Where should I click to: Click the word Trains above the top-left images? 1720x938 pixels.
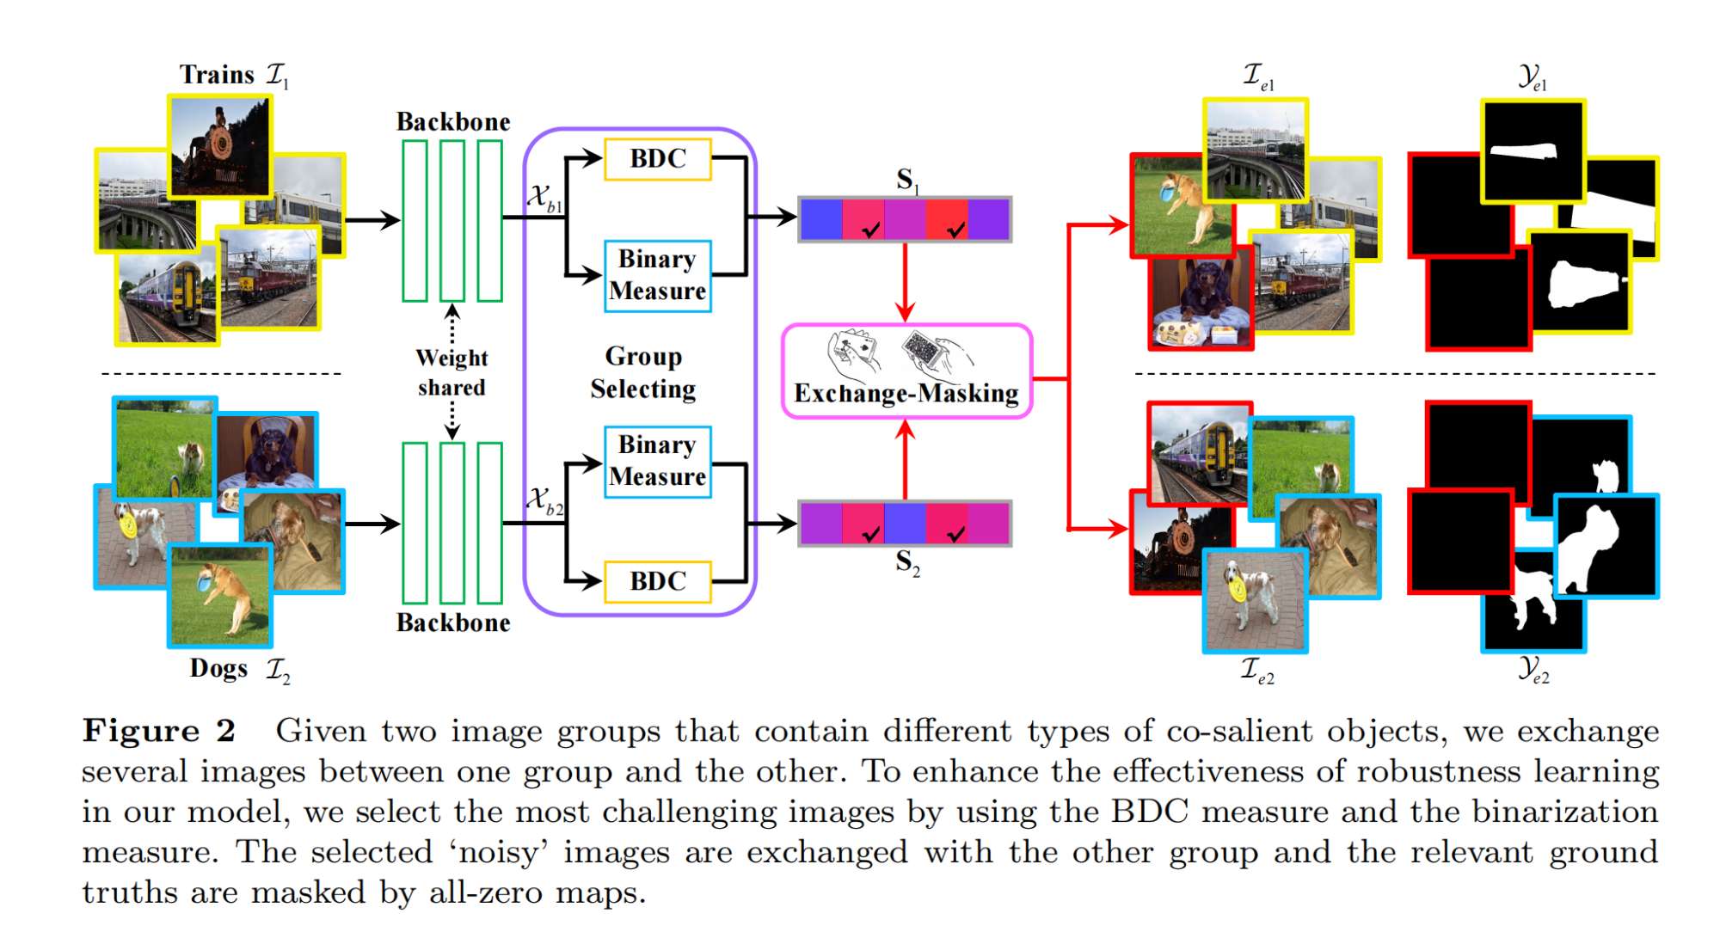pyautogui.click(x=217, y=75)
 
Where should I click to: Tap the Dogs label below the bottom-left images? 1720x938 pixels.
pyautogui.click(x=218, y=668)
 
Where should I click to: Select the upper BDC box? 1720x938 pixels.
pyautogui.click(x=658, y=159)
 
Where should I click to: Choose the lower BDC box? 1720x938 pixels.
pyautogui.click(x=658, y=581)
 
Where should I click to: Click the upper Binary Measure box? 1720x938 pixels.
pyautogui.click(x=658, y=275)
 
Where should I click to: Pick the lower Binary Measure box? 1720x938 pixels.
pyautogui.click(x=658, y=462)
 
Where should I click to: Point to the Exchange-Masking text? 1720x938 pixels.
pyautogui.click(x=906, y=394)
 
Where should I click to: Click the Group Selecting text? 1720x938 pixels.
pyautogui.click(x=643, y=372)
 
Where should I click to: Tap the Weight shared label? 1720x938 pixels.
pyautogui.click(x=452, y=372)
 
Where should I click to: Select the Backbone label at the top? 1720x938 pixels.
pyautogui.click(x=453, y=122)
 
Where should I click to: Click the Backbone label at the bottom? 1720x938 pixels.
pyautogui.click(x=453, y=622)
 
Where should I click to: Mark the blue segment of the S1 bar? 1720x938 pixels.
pyautogui.click(x=821, y=219)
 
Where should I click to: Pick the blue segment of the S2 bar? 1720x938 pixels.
pyautogui.click(x=905, y=523)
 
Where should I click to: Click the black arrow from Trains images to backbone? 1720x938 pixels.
pyautogui.click(x=372, y=220)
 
